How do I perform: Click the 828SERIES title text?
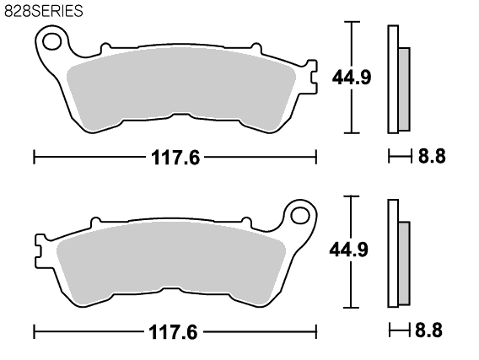[x=43, y=11]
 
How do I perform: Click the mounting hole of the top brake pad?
[x=52, y=42]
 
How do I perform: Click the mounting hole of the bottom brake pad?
[x=300, y=216]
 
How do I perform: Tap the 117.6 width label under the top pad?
[x=175, y=158]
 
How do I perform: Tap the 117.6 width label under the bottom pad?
[x=173, y=332]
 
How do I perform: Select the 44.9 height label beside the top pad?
[x=352, y=77]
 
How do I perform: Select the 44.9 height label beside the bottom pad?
[x=349, y=250]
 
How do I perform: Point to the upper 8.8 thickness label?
[x=432, y=156]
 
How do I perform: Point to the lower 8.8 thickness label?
[x=428, y=330]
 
